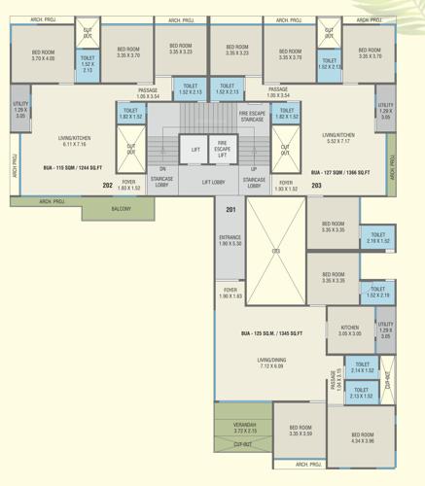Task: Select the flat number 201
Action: [x=230, y=209]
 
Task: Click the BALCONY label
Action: [x=120, y=209]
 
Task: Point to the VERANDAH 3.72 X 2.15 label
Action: [x=245, y=427]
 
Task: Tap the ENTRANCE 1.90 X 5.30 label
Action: [x=230, y=240]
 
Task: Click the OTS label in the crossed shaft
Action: [x=275, y=251]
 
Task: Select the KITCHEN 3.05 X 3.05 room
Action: [x=349, y=331]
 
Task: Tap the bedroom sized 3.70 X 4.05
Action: [x=42, y=56]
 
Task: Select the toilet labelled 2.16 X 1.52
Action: [x=377, y=238]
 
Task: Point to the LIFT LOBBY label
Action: [x=219, y=182]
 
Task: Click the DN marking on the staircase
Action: [x=162, y=168]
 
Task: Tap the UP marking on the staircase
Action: [x=254, y=168]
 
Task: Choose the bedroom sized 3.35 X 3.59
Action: [x=300, y=431]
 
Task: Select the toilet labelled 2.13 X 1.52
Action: [x=362, y=394]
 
